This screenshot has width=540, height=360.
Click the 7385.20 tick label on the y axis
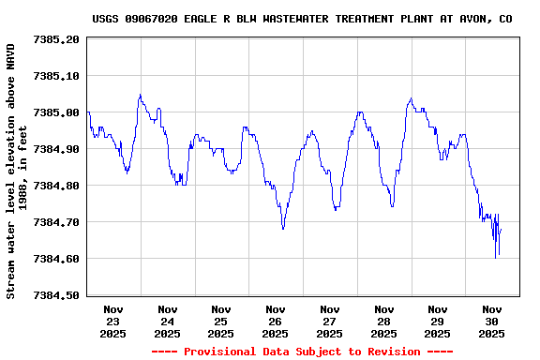coord(56,39)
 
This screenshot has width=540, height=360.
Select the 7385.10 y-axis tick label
coord(56,76)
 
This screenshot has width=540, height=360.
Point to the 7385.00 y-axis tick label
coord(56,112)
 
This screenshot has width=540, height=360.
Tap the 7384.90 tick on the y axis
coord(56,149)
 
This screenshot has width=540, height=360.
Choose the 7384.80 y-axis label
coord(56,186)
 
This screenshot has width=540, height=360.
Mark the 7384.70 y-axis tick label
coord(56,222)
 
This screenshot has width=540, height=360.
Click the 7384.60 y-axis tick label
coord(56,259)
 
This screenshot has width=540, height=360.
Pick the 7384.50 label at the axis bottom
coord(56,295)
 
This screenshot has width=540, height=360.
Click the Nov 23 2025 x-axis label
coord(113,321)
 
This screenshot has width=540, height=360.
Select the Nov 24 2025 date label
coord(168,321)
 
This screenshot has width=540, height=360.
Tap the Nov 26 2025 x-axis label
coord(276,321)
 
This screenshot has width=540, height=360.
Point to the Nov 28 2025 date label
coord(383,321)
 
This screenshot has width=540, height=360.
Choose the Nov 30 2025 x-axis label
coord(491,321)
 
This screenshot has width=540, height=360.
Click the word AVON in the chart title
coord(479,19)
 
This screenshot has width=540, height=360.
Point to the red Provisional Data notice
coord(302,352)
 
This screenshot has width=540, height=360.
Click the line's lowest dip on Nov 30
coord(496,258)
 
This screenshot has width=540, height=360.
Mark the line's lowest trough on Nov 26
coord(283,229)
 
